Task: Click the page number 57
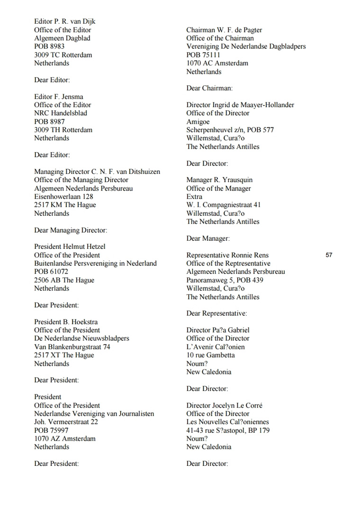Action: tap(329, 255)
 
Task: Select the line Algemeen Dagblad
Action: tap(62, 38)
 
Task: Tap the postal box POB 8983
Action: tap(49, 46)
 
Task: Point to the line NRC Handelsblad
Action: tap(60, 113)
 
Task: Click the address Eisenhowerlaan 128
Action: tap(63, 196)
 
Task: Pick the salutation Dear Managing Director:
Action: tap(71, 230)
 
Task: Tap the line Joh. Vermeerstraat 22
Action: tap(66, 422)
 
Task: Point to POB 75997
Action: tap(51, 430)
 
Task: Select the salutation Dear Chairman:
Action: tap(209, 88)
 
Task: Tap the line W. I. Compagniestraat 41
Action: tap(224, 205)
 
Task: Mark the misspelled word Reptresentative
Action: tap(245, 263)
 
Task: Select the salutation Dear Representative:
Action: tap(216, 313)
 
